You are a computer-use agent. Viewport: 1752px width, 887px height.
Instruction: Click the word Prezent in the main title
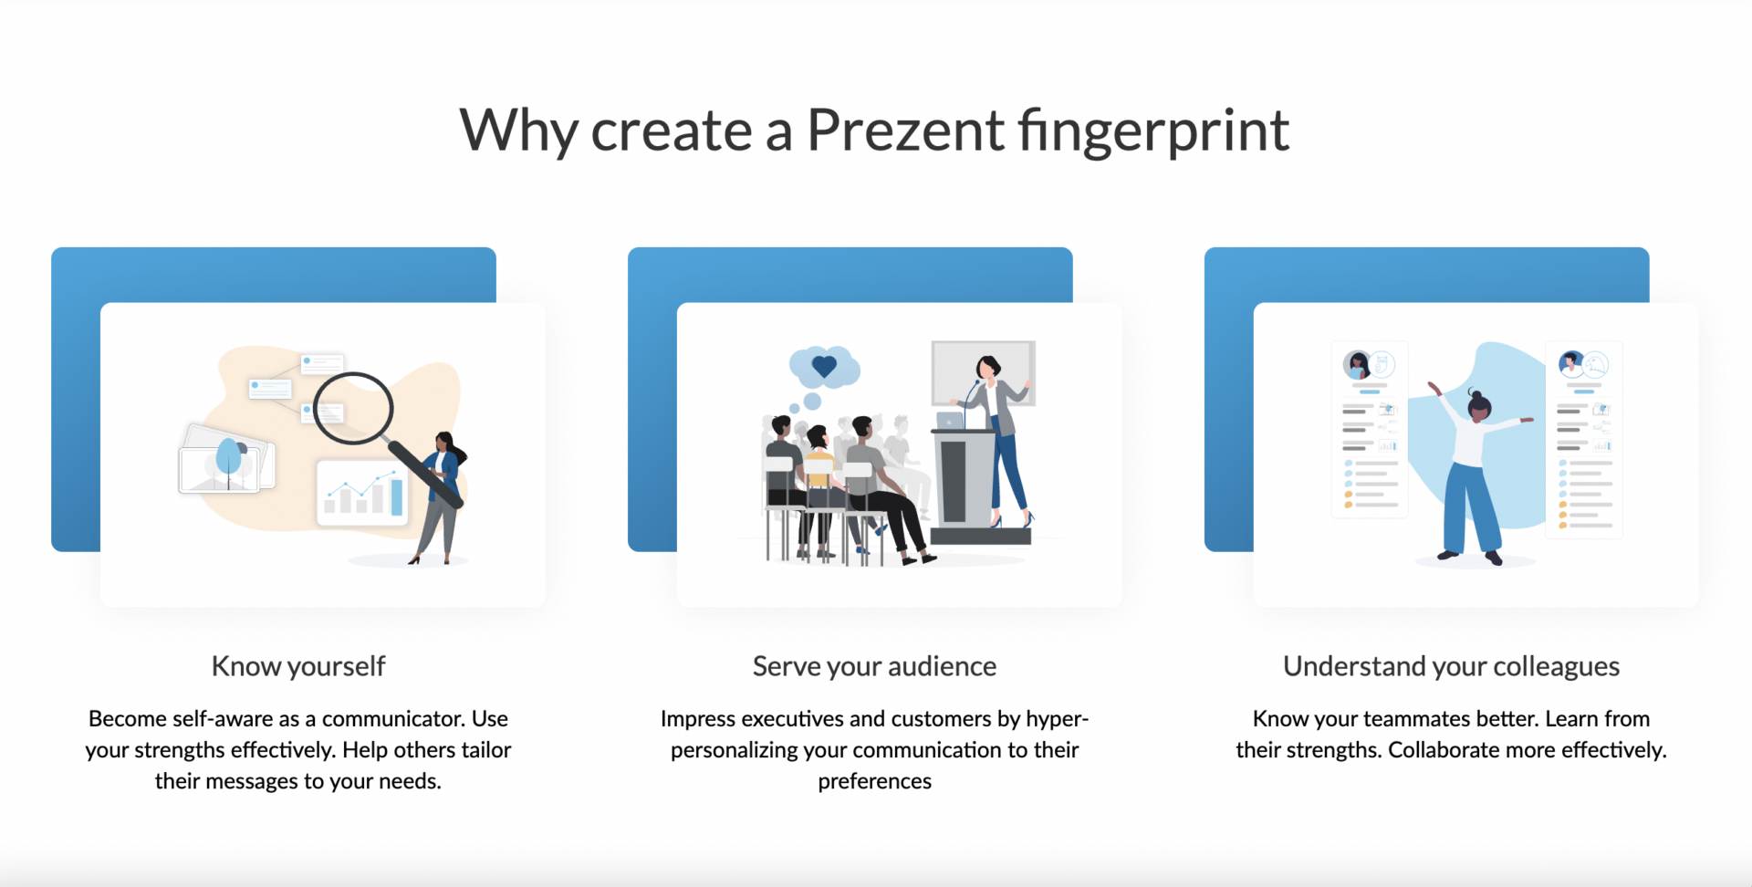(905, 130)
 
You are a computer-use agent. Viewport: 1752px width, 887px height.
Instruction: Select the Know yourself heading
(298, 667)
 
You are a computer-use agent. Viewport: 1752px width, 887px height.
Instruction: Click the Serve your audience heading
(874, 667)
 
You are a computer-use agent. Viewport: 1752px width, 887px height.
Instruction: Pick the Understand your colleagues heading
(1451, 667)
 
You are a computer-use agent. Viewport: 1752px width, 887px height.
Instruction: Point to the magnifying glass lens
(353, 407)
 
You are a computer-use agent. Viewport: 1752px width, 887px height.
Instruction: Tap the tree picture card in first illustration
(227, 458)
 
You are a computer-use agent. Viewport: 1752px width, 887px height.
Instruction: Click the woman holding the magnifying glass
(441, 497)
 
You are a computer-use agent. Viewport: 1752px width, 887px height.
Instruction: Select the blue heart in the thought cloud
(824, 367)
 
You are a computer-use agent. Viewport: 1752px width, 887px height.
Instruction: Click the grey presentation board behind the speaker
(983, 372)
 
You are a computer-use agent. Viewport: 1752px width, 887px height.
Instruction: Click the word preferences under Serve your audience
(874, 782)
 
